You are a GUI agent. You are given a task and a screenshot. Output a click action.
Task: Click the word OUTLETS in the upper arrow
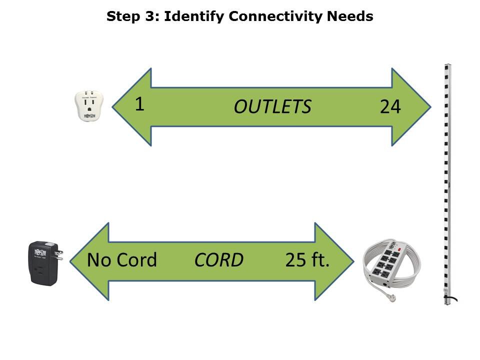pyautogui.click(x=272, y=107)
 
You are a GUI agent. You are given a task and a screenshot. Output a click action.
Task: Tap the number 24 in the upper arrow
pyautogui.click(x=390, y=107)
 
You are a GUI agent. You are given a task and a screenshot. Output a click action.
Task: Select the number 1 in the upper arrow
pyautogui.click(x=139, y=104)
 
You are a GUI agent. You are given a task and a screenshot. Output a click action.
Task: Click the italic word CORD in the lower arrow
pyautogui.click(x=218, y=260)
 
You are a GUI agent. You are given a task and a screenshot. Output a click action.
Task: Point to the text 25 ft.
pyautogui.click(x=307, y=260)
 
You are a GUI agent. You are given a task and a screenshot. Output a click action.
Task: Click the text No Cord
pyautogui.click(x=122, y=260)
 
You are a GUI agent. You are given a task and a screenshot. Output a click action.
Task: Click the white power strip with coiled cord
pyautogui.click(x=392, y=265)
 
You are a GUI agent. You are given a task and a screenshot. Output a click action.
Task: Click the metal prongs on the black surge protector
pyautogui.click(x=58, y=254)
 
